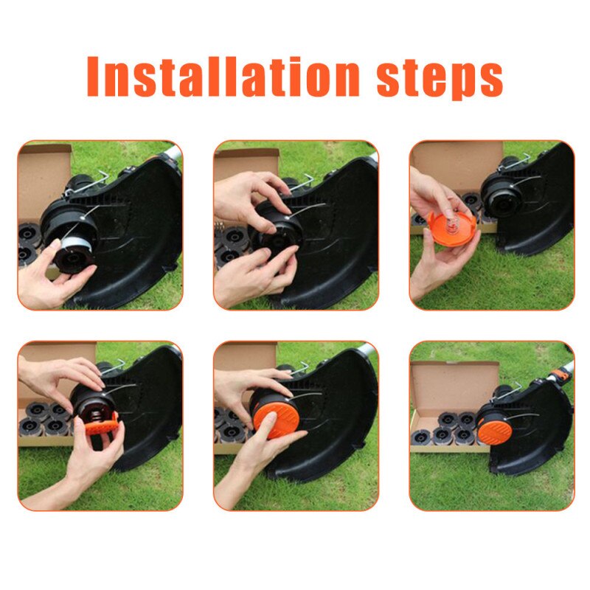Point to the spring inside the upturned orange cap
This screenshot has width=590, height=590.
[x=451, y=221]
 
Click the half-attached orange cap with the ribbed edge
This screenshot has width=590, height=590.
[x=95, y=426]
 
